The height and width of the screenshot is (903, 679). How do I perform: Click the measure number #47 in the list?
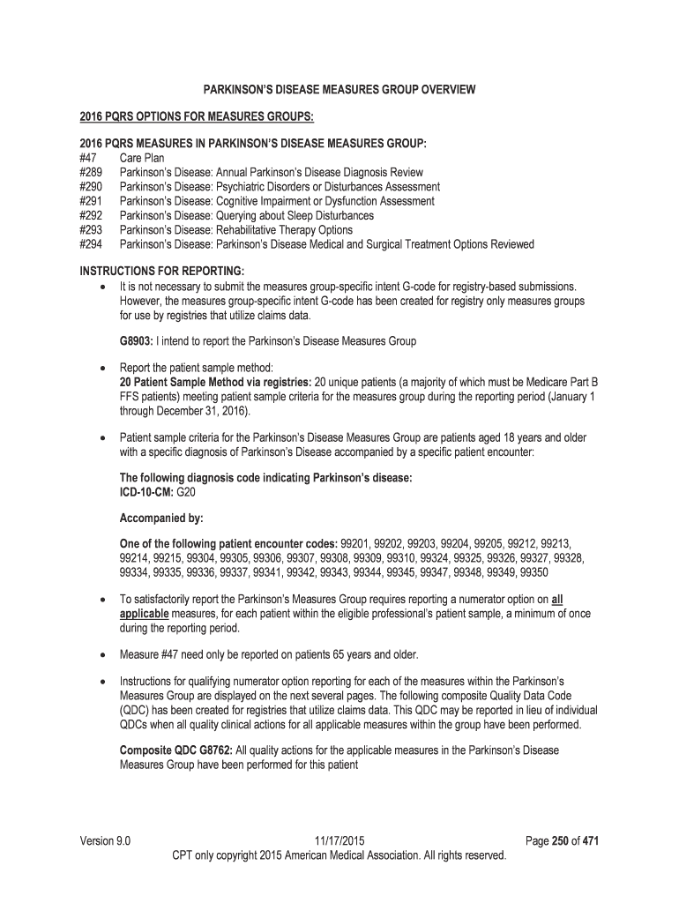(x=88, y=158)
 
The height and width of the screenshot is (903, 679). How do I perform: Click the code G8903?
(x=137, y=340)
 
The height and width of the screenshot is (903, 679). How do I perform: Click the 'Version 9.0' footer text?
(x=105, y=841)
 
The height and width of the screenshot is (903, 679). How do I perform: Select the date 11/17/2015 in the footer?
(x=339, y=841)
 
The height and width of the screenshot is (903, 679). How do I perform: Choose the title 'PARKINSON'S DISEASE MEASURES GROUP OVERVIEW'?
(x=339, y=89)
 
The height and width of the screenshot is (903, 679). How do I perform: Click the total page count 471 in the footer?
(x=591, y=841)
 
